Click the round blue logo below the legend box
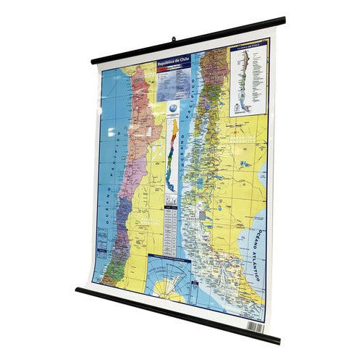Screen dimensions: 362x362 click(x=171, y=107)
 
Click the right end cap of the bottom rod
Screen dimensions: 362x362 click(x=277, y=340)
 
